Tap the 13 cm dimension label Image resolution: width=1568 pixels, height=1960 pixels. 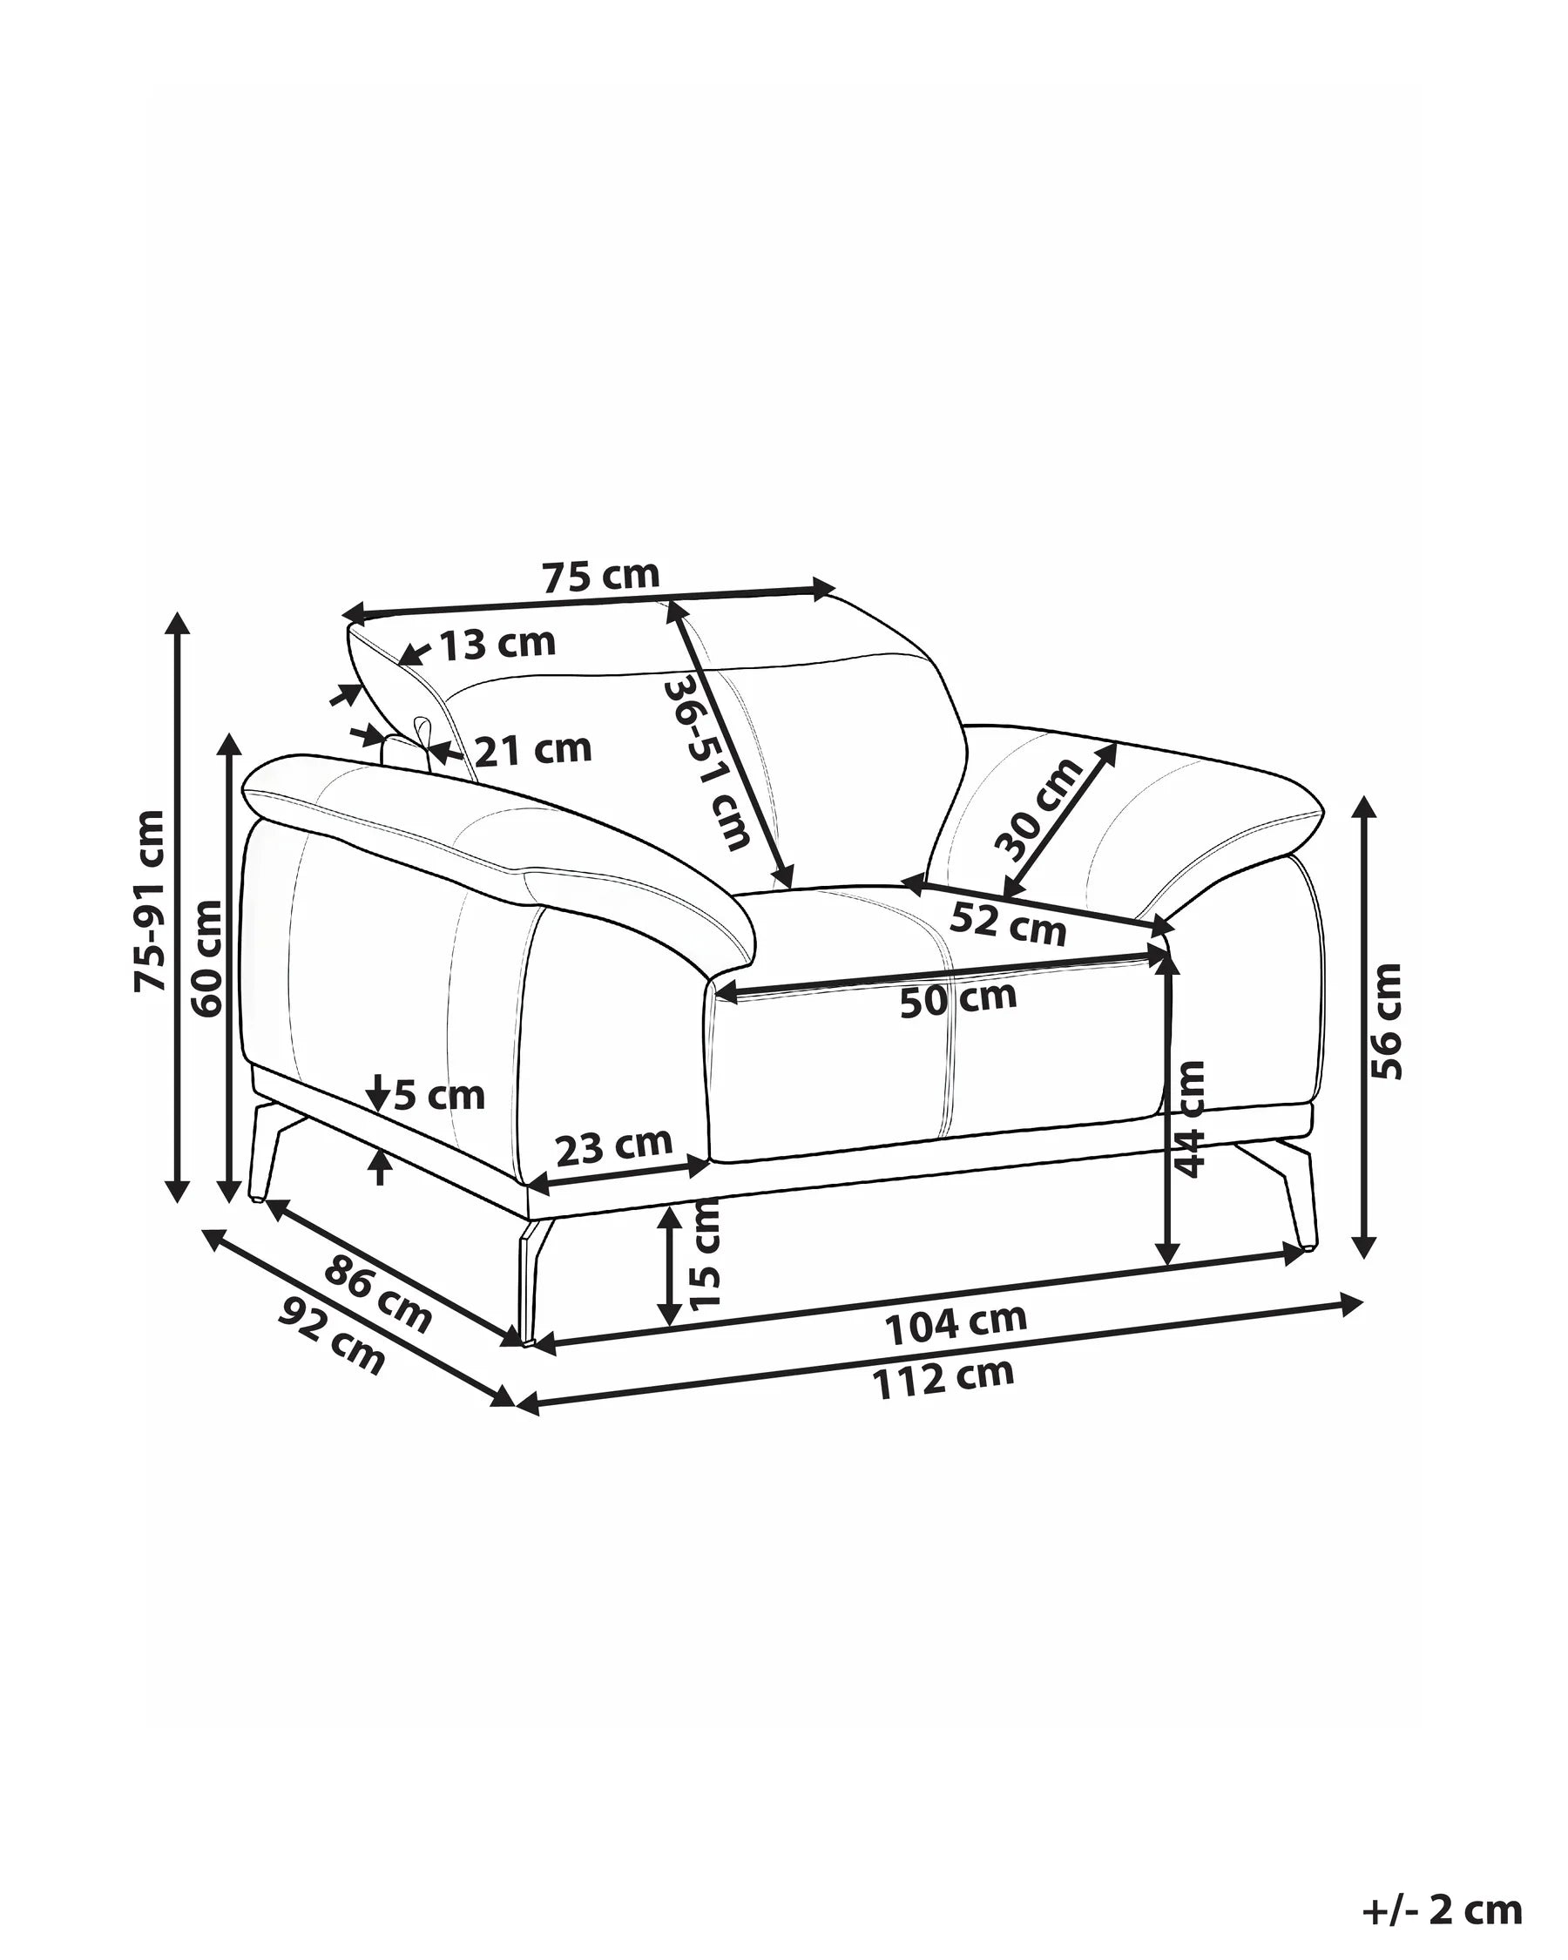point(497,643)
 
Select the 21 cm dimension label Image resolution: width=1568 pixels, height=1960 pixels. point(534,749)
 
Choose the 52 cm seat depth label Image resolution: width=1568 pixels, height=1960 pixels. point(1007,923)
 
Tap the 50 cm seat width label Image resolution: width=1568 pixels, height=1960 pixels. point(958,999)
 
